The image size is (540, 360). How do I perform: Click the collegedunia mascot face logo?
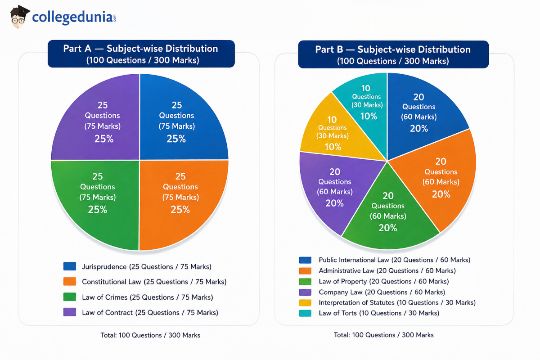tap(20, 17)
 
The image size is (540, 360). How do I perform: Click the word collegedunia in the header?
tap(72, 18)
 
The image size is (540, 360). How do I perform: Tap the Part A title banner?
tap(141, 54)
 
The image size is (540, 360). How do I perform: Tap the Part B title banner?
tap(393, 54)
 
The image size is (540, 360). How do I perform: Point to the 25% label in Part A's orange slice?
tap(180, 210)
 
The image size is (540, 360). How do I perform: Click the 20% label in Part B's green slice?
tap(387, 228)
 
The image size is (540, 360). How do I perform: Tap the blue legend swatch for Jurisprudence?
tap(70, 266)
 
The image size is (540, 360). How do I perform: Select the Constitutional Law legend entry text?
tap(154, 282)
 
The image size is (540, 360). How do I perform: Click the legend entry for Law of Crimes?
tap(148, 297)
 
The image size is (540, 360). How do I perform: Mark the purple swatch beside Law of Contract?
tap(70, 312)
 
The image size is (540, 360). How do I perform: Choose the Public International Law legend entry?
tap(395, 260)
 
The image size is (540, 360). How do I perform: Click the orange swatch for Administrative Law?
tap(305, 271)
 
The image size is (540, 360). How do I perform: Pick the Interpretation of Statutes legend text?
tap(397, 302)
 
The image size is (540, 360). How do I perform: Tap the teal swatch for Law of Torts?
tap(305, 313)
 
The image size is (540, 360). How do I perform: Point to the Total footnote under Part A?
tap(150, 335)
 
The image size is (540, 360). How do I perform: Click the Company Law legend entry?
tap(382, 292)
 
